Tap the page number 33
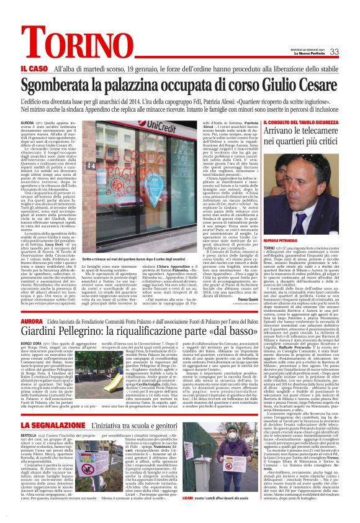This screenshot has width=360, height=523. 333,52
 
